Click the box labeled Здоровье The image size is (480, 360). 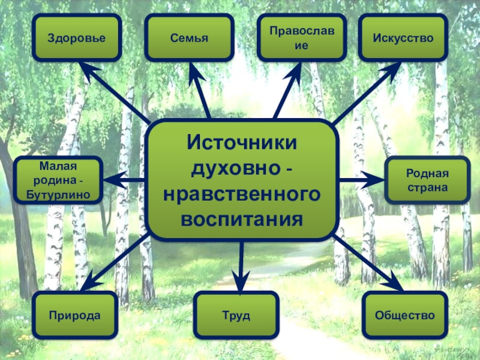pos(76,38)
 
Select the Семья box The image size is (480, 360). pos(188,38)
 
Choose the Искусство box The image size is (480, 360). pos(403,38)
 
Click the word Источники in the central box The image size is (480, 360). pos(241,143)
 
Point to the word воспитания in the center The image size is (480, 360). pos(241,219)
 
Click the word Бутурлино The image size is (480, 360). pos(58,194)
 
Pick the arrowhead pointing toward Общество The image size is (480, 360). pos(395,282)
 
